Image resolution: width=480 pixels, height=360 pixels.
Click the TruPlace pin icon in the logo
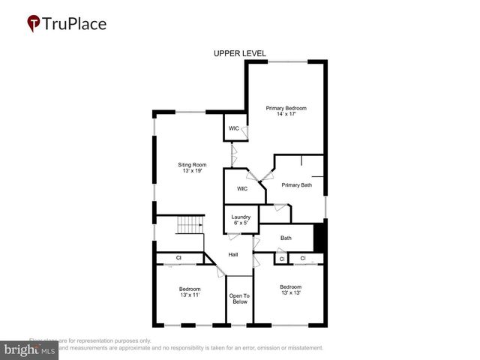(x=34, y=24)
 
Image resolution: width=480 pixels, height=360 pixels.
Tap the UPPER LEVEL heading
(x=240, y=53)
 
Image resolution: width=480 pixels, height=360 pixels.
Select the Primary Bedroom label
(x=286, y=108)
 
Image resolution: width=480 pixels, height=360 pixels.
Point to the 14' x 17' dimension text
(x=286, y=115)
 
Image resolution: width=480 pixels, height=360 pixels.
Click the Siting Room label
(x=192, y=164)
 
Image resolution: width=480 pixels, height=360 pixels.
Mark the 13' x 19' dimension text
(x=192, y=171)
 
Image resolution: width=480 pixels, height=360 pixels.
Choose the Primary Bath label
(x=296, y=184)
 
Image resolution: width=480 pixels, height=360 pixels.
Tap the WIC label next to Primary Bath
(x=242, y=188)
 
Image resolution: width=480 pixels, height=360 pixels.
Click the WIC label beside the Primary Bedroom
(x=234, y=128)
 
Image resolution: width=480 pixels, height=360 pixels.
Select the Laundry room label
(x=241, y=217)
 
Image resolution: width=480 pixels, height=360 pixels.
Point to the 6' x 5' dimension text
(x=241, y=223)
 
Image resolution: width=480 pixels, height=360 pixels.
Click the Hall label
(x=233, y=255)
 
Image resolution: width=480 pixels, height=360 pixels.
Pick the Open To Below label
(x=240, y=298)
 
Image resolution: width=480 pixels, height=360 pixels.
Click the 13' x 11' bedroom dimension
(x=190, y=295)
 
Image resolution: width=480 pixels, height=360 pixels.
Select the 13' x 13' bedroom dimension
(x=290, y=293)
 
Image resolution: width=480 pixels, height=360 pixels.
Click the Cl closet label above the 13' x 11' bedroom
(x=178, y=258)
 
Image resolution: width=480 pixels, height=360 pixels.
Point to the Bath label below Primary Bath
(x=286, y=238)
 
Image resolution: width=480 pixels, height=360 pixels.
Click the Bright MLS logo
(x=30, y=349)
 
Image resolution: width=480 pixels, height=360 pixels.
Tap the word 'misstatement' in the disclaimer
(x=300, y=348)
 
